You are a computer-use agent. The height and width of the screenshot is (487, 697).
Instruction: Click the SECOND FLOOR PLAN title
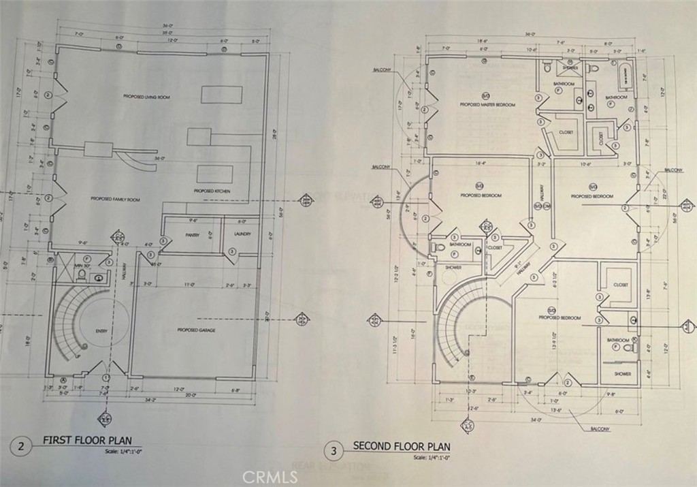click(x=402, y=446)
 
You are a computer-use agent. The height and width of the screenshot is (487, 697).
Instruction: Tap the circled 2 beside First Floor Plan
click(x=22, y=447)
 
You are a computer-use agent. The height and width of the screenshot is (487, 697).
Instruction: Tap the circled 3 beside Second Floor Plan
click(x=334, y=450)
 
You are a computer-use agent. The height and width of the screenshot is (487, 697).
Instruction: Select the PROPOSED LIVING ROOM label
click(x=146, y=97)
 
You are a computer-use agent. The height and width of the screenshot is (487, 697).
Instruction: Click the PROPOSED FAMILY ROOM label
click(x=115, y=200)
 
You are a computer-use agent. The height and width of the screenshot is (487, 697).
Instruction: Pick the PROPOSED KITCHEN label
click(x=212, y=191)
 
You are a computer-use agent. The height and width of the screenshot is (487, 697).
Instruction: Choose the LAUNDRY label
click(x=242, y=235)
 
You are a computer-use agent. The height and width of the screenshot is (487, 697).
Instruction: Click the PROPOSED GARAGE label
click(x=197, y=330)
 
